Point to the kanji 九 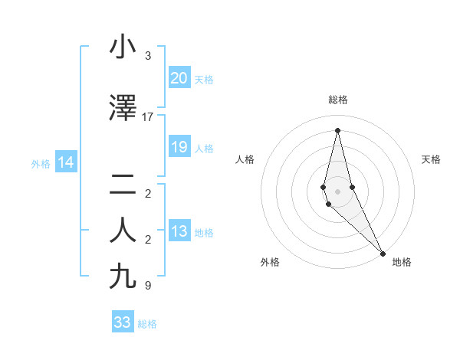123,277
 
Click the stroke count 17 148,117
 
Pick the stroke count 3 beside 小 148,56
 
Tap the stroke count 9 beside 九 148,286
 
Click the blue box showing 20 179,78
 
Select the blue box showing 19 179,147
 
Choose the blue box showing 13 179,231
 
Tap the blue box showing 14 66,162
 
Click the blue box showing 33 123,322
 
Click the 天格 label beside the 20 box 204,80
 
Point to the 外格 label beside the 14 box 41,163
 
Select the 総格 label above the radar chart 338,100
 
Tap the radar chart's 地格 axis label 402,262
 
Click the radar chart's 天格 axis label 431,159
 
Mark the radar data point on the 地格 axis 383,252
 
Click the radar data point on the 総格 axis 337,129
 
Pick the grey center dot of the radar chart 337,191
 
